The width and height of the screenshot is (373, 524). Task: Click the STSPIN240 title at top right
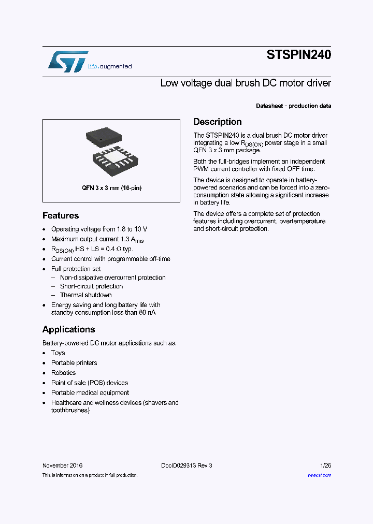(298, 55)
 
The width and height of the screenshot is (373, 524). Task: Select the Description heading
(218, 122)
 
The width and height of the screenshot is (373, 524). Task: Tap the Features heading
(61, 215)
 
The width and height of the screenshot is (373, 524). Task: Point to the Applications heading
(68, 329)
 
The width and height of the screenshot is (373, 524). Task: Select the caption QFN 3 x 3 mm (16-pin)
(111, 188)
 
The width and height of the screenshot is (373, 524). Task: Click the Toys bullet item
(58, 353)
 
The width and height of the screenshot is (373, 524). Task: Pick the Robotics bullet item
(63, 373)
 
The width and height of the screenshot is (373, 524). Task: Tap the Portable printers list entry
(74, 363)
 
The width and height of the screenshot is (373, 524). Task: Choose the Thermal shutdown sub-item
(85, 295)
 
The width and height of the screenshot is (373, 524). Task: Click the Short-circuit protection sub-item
(91, 286)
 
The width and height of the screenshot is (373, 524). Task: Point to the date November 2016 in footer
(62, 465)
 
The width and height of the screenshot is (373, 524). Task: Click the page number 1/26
(325, 465)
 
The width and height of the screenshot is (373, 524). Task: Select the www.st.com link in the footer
(319, 475)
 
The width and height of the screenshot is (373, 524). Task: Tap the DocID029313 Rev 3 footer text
(187, 465)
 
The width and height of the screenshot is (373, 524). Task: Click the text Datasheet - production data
(294, 106)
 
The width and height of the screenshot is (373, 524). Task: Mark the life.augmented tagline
(109, 66)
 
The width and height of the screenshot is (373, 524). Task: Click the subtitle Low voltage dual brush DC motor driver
(246, 83)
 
